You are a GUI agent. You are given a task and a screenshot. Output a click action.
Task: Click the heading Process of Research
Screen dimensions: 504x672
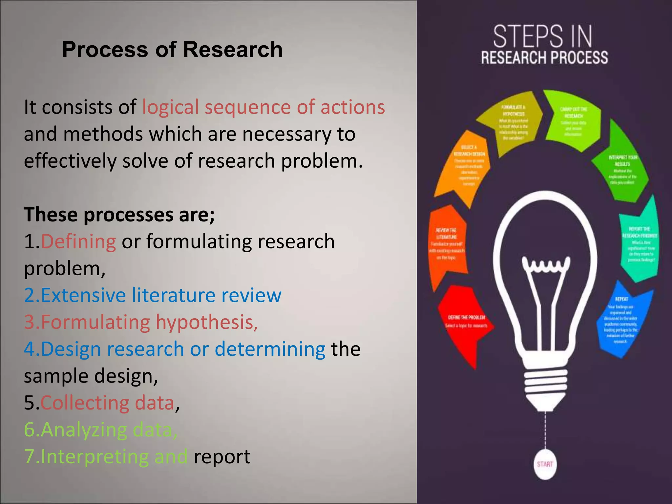[172, 50]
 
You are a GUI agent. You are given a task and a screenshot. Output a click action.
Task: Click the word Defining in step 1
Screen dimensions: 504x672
[78, 241]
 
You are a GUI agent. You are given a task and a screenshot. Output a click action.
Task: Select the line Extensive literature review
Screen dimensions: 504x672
[153, 295]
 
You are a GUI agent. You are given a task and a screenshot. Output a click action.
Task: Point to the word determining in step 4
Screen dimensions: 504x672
[270, 349]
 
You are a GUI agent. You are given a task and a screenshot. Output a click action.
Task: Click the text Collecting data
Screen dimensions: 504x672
[107, 403]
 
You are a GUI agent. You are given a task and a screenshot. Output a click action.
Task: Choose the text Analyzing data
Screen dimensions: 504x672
[101, 430]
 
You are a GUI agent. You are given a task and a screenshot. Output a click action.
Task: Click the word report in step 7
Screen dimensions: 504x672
[222, 456]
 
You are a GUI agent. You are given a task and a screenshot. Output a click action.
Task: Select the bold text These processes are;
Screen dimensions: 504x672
[119, 215]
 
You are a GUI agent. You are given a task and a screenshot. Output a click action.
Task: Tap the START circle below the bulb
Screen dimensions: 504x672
[545, 464]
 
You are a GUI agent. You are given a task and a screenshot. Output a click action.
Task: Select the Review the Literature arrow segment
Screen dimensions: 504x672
[447, 244]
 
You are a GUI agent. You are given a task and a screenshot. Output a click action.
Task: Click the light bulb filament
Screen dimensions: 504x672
[546, 266]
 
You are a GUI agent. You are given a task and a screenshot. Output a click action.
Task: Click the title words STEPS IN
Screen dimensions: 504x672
[543, 37]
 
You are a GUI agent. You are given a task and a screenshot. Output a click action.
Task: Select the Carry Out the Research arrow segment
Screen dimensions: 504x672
[573, 121]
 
